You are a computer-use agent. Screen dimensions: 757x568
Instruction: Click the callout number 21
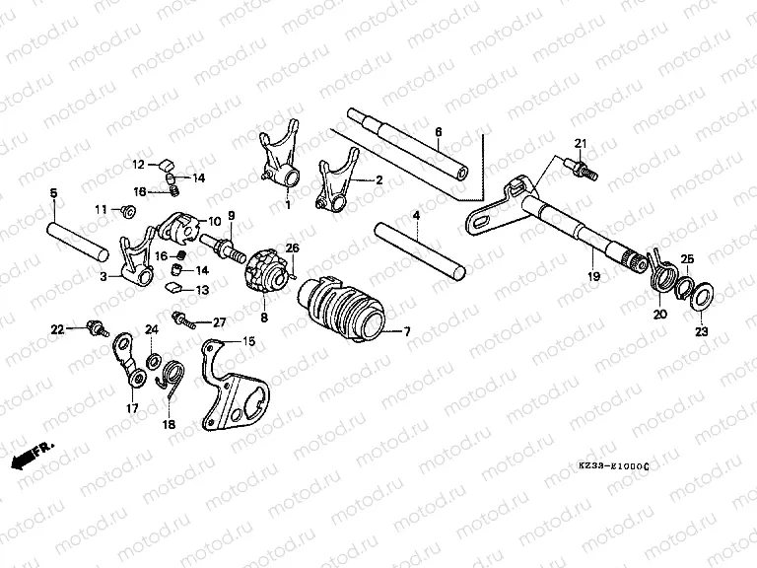(580, 144)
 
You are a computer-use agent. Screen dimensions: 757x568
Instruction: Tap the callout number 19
(593, 277)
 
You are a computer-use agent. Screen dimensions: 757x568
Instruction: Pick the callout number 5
(53, 193)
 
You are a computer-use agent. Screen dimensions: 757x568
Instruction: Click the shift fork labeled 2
(337, 183)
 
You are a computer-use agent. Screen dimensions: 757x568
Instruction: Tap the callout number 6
(438, 131)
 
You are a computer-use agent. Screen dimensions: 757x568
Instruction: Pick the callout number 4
(417, 215)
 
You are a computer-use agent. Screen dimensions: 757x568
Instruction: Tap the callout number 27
(219, 322)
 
